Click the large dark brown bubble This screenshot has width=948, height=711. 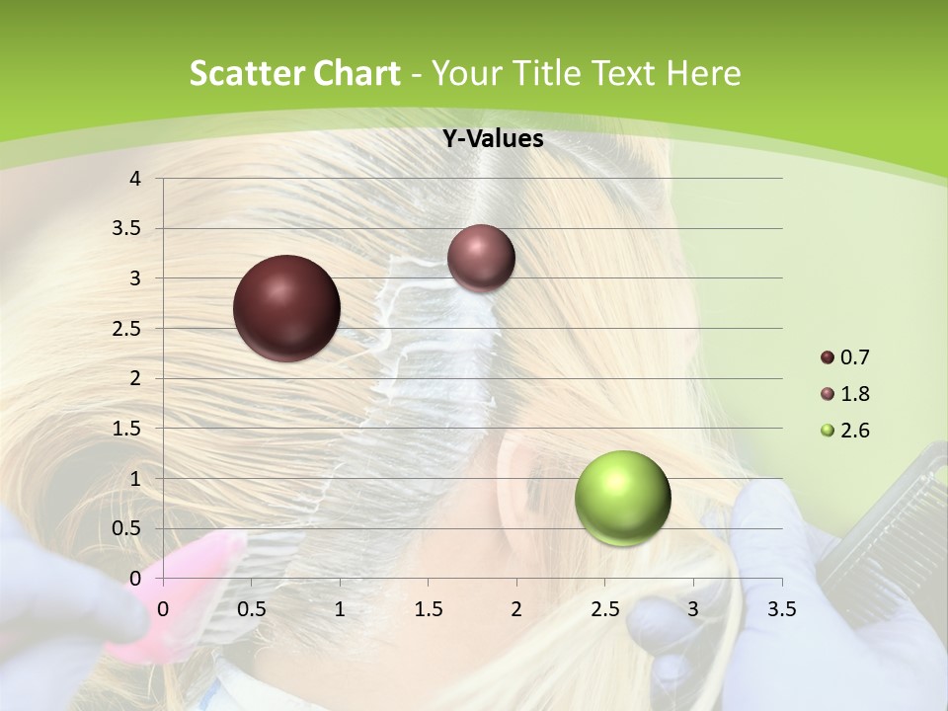pos(286,308)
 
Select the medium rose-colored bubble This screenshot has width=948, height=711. pos(481,258)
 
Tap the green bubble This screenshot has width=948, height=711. pos(622,498)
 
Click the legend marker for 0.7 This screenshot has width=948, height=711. pos(828,357)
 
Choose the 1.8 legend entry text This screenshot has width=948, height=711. pos(854,394)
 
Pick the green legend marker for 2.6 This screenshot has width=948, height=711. pos(828,431)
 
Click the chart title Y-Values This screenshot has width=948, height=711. pos(493,139)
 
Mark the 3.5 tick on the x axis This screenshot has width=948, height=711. pos(782,609)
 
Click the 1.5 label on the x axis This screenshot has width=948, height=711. pos(429,609)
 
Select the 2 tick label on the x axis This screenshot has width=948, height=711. pos(516,609)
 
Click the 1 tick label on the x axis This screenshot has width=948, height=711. pos(340,609)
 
